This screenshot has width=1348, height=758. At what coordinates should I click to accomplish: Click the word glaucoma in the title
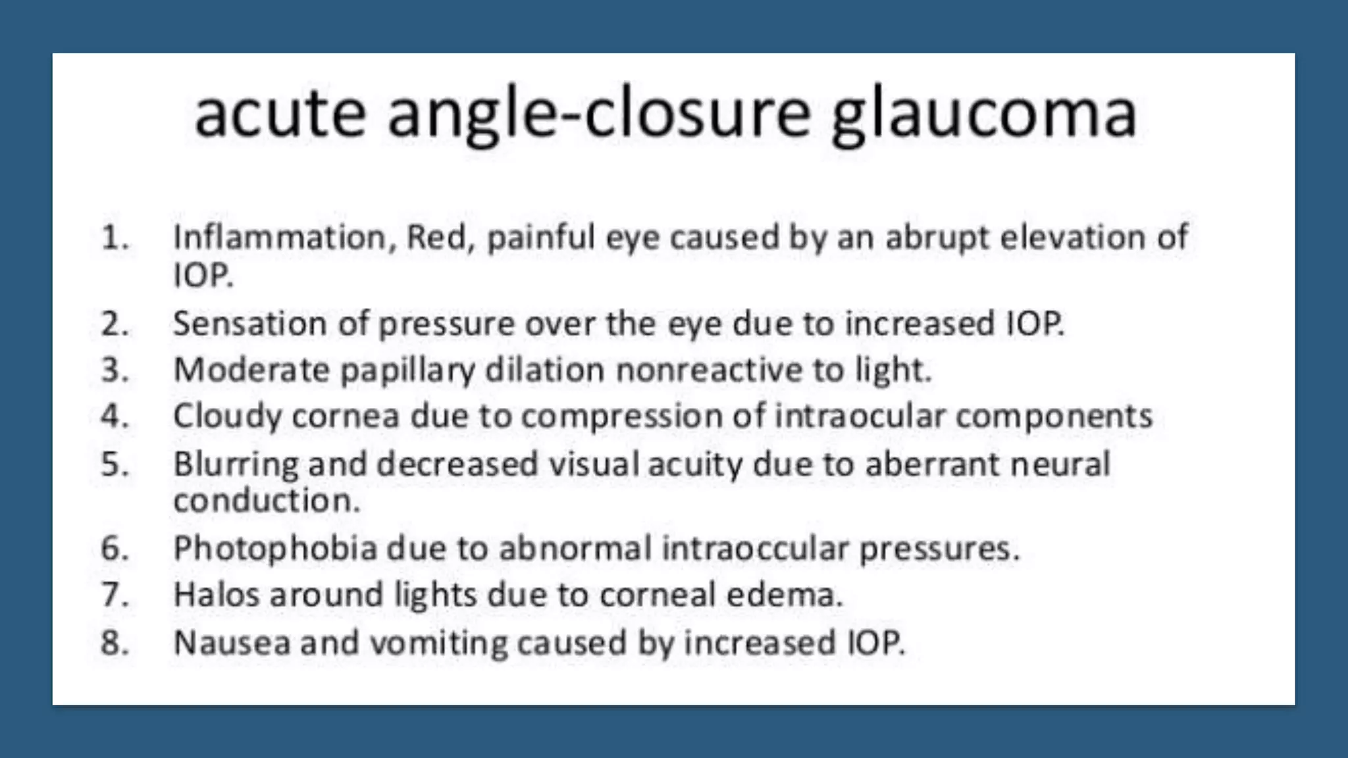pyautogui.click(x=984, y=116)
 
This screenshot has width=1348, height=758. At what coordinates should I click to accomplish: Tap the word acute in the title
pyautogui.click(x=280, y=116)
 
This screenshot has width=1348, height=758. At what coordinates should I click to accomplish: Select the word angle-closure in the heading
pyautogui.click(x=598, y=116)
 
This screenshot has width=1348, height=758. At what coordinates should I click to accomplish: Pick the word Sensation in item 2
pyautogui.click(x=249, y=324)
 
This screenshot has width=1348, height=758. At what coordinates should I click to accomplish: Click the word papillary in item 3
pyautogui.click(x=407, y=370)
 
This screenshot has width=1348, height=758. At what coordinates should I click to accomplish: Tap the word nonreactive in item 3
pyautogui.click(x=708, y=370)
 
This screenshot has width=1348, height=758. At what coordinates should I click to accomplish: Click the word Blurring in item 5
pyautogui.click(x=236, y=465)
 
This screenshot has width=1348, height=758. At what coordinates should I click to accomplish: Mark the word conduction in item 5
pyautogui.click(x=266, y=501)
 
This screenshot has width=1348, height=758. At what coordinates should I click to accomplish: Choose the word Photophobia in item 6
pyautogui.click(x=274, y=549)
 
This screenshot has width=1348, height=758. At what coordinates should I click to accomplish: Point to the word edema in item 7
pyautogui.click(x=785, y=595)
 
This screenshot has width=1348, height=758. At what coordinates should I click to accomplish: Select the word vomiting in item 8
pyautogui.click(x=438, y=643)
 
